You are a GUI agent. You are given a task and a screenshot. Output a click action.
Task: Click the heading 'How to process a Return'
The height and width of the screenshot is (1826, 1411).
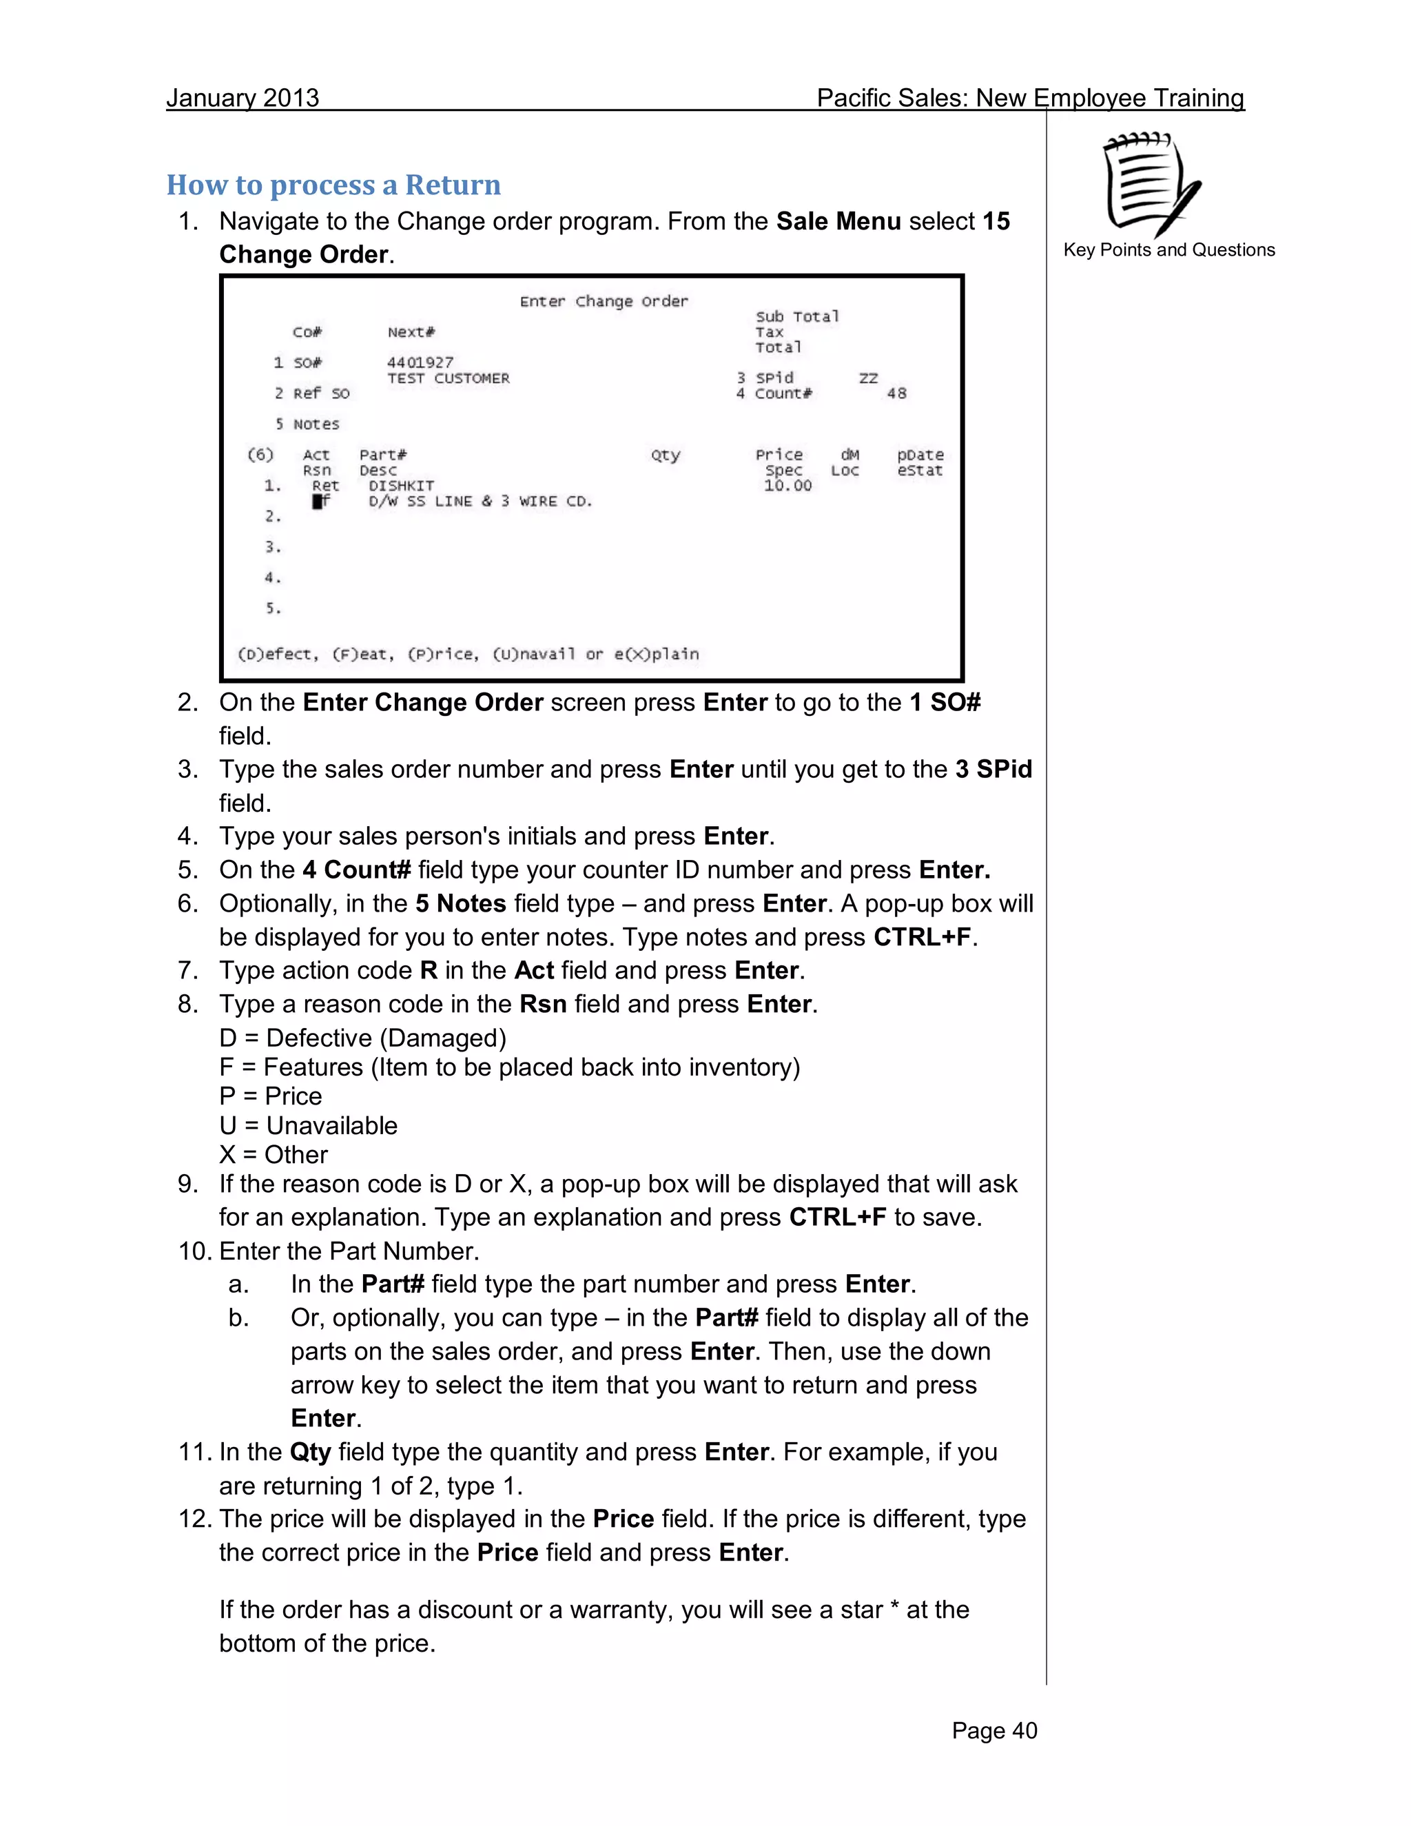click(x=333, y=185)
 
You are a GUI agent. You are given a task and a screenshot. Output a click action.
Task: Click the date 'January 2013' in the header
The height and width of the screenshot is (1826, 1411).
click(x=243, y=98)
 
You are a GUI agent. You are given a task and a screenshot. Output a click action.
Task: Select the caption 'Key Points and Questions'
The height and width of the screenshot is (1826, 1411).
click(x=1168, y=250)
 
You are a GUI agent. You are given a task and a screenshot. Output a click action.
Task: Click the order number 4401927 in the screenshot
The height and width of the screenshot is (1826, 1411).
click(x=420, y=362)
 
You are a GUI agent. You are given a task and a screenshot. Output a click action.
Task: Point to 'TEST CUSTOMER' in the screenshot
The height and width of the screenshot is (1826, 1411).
click(x=448, y=378)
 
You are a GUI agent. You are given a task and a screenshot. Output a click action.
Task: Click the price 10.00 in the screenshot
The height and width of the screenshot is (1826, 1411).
click(x=787, y=486)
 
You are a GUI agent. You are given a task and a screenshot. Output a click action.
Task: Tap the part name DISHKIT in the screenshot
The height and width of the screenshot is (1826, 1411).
click(x=401, y=486)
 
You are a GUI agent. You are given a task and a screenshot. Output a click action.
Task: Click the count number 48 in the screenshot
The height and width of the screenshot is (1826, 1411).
click(x=896, y=393)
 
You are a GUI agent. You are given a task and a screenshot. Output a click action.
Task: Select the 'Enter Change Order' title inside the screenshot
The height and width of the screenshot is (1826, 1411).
click(x=604, y=301)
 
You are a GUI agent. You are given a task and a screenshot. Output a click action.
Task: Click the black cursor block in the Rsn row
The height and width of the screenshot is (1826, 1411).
click(x=318, y=502)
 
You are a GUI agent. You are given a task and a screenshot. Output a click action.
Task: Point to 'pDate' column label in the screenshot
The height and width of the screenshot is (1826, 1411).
click(x=920, y=455)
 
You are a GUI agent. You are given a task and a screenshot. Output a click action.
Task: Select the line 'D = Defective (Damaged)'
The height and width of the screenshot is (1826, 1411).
click(x=363, y=1038)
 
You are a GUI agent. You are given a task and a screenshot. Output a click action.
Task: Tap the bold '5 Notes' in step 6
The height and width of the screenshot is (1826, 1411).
click(x=461, y=904)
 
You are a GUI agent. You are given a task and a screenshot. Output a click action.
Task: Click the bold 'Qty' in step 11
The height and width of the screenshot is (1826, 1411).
click(x=310, y=1453)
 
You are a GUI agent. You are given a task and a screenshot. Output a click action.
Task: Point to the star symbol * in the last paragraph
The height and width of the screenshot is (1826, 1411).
click(x=894, y=1610)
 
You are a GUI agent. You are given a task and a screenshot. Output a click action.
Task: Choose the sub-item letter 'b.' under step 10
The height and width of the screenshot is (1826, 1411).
click(x=239, y=1318)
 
